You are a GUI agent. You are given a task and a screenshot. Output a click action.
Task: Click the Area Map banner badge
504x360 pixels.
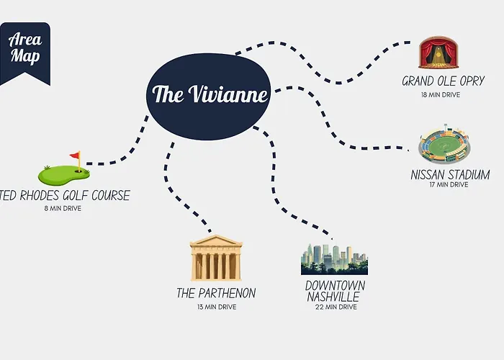(x=24, y=53)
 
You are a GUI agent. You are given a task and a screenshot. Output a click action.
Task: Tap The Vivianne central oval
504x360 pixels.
(x=208, y=96)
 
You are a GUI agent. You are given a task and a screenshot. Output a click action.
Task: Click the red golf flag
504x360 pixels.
(x=76, y=156)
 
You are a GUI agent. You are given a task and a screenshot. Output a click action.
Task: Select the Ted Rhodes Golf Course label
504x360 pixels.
(x=65, y=195)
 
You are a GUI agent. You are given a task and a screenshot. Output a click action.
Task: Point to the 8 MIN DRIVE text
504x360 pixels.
(x=63, y=208)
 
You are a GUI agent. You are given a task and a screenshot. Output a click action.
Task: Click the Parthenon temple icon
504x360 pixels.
(x=216, y=258)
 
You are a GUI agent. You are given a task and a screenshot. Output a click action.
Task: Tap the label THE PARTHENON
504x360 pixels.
(x=216, y=293)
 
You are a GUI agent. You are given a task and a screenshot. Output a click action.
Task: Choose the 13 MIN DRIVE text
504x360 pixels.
(x=217, y=307)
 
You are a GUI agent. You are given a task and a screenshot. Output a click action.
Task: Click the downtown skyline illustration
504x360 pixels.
(x=334, y=259)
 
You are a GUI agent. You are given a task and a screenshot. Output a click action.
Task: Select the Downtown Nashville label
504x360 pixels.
(x=335, y=291)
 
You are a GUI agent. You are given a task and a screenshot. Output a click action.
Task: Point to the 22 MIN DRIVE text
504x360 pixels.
(x=336, y=307)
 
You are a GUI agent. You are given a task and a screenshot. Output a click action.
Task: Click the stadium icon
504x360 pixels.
(x=444, y=144)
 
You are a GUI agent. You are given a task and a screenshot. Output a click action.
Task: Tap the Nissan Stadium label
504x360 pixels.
(x=450, y=174)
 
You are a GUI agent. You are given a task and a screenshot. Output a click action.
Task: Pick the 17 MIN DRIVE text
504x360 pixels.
(x=449, y=184)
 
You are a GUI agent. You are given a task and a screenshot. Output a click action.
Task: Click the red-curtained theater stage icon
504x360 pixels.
(x=438, y=53)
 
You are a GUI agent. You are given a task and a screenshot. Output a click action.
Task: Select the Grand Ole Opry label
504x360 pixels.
(x=443, y=81)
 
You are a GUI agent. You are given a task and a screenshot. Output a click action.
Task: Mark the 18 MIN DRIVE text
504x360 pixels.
(x=441, y=95)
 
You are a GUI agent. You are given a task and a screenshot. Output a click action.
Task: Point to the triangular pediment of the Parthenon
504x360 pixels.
(x=216, y=240)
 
